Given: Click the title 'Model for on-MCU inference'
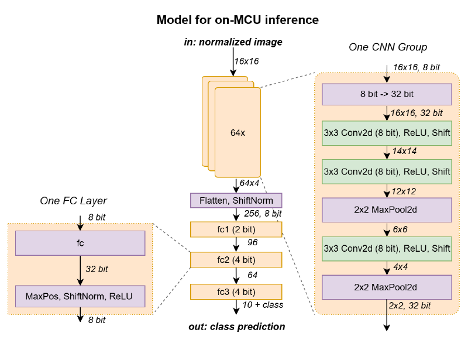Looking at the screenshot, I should tap(238, 20).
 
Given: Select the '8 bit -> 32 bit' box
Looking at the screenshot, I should tap(387, 94).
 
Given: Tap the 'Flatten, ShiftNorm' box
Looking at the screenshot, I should tap(236, 201).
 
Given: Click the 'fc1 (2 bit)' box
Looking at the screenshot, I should tap(236, 229).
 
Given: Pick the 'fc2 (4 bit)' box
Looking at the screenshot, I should tap(236, 259).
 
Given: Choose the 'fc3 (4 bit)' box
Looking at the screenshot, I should tap(236, 292).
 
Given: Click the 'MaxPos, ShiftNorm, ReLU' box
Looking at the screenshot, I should tap(80, 296).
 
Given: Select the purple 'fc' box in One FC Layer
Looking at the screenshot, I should tap(80, 243).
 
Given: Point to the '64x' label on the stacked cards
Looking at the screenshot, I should tap(237, 133).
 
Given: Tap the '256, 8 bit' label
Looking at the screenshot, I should tap(261, 214).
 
